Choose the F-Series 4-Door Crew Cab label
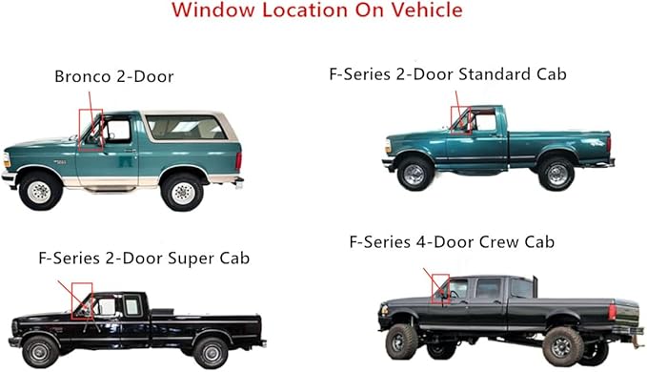(452, 242)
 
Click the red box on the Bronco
(91, 130)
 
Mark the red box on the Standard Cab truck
(461, 117)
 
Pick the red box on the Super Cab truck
(81, 296)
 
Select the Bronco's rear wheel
(182, 190)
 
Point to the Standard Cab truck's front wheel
(415, 174)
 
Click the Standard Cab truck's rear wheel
(555, 173)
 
